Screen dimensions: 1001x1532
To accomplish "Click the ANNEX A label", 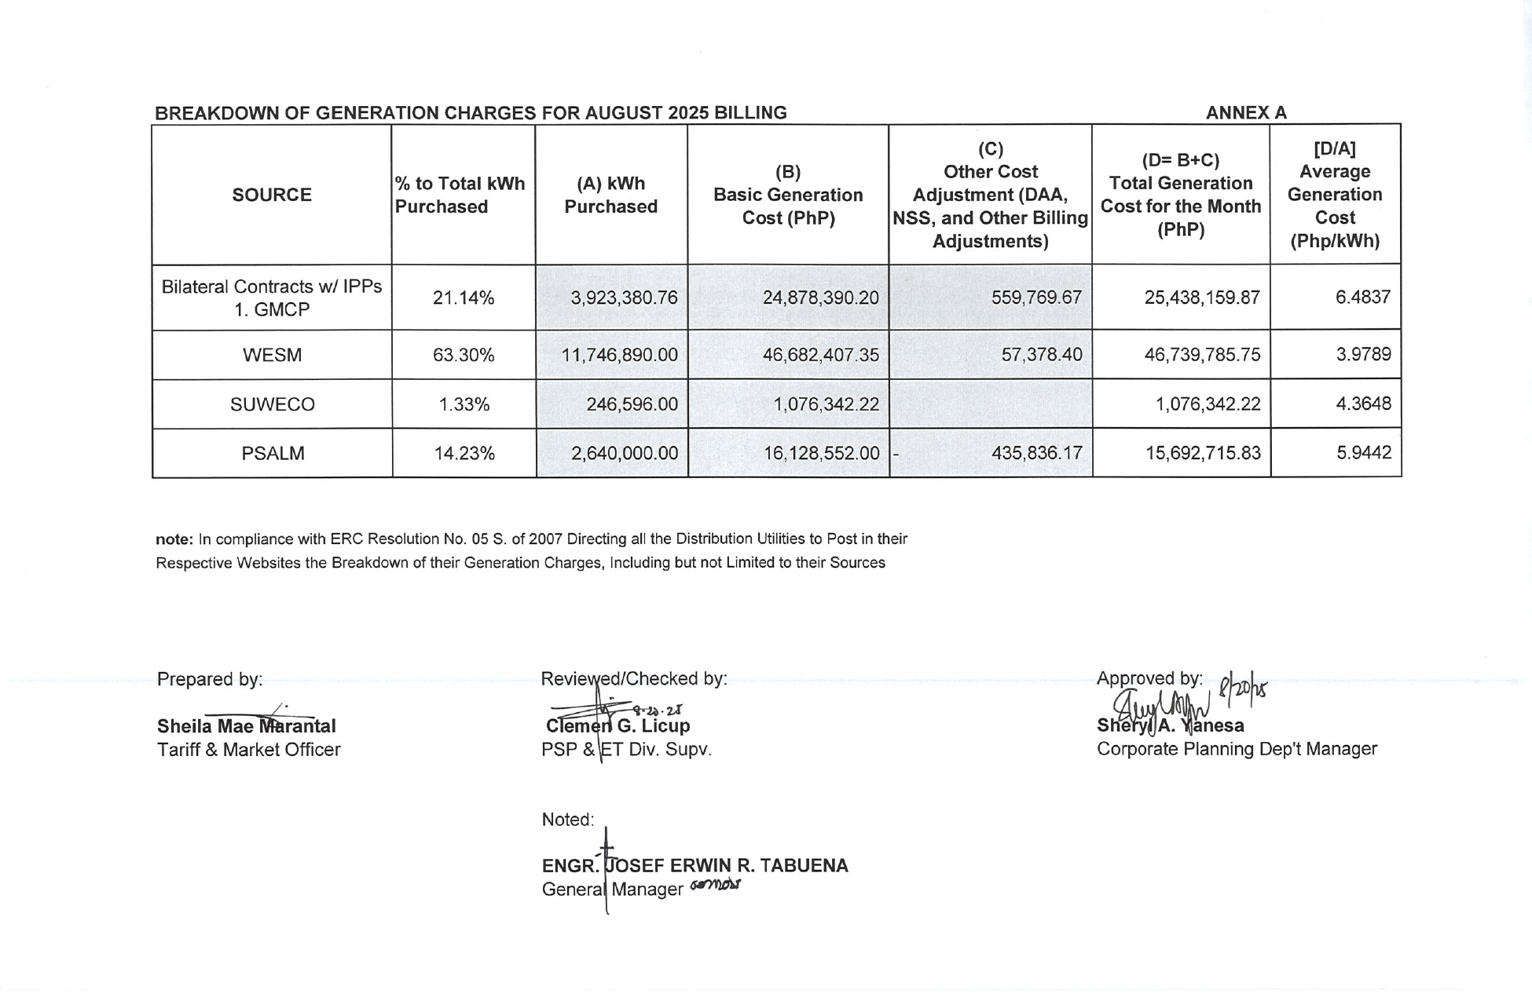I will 1246,113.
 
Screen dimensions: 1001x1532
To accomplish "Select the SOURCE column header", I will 272,195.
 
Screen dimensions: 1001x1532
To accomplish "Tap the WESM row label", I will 272,355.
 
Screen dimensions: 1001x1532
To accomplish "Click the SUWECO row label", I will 272,404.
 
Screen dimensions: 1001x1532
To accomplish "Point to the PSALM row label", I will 272,453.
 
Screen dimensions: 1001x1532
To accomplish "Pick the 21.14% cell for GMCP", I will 464,298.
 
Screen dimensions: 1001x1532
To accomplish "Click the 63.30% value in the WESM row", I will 464,355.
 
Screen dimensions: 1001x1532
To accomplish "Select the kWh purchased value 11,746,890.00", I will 619,355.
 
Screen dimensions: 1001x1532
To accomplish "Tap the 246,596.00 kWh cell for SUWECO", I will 632,404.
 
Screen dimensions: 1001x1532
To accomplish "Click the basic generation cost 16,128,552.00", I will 821,453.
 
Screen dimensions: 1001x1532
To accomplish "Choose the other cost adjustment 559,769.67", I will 1036,298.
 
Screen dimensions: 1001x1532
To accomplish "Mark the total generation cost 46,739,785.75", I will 1202,355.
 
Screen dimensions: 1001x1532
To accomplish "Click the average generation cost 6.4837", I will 1363,297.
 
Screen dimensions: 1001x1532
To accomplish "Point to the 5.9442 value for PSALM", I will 1364,453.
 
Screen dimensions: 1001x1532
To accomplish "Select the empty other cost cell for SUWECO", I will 990,404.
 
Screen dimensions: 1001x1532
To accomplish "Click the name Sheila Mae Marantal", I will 246,726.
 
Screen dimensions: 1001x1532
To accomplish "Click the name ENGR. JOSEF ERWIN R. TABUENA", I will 695,866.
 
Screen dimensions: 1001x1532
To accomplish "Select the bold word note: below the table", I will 174,539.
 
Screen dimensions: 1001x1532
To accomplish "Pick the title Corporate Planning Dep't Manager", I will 1237,749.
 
